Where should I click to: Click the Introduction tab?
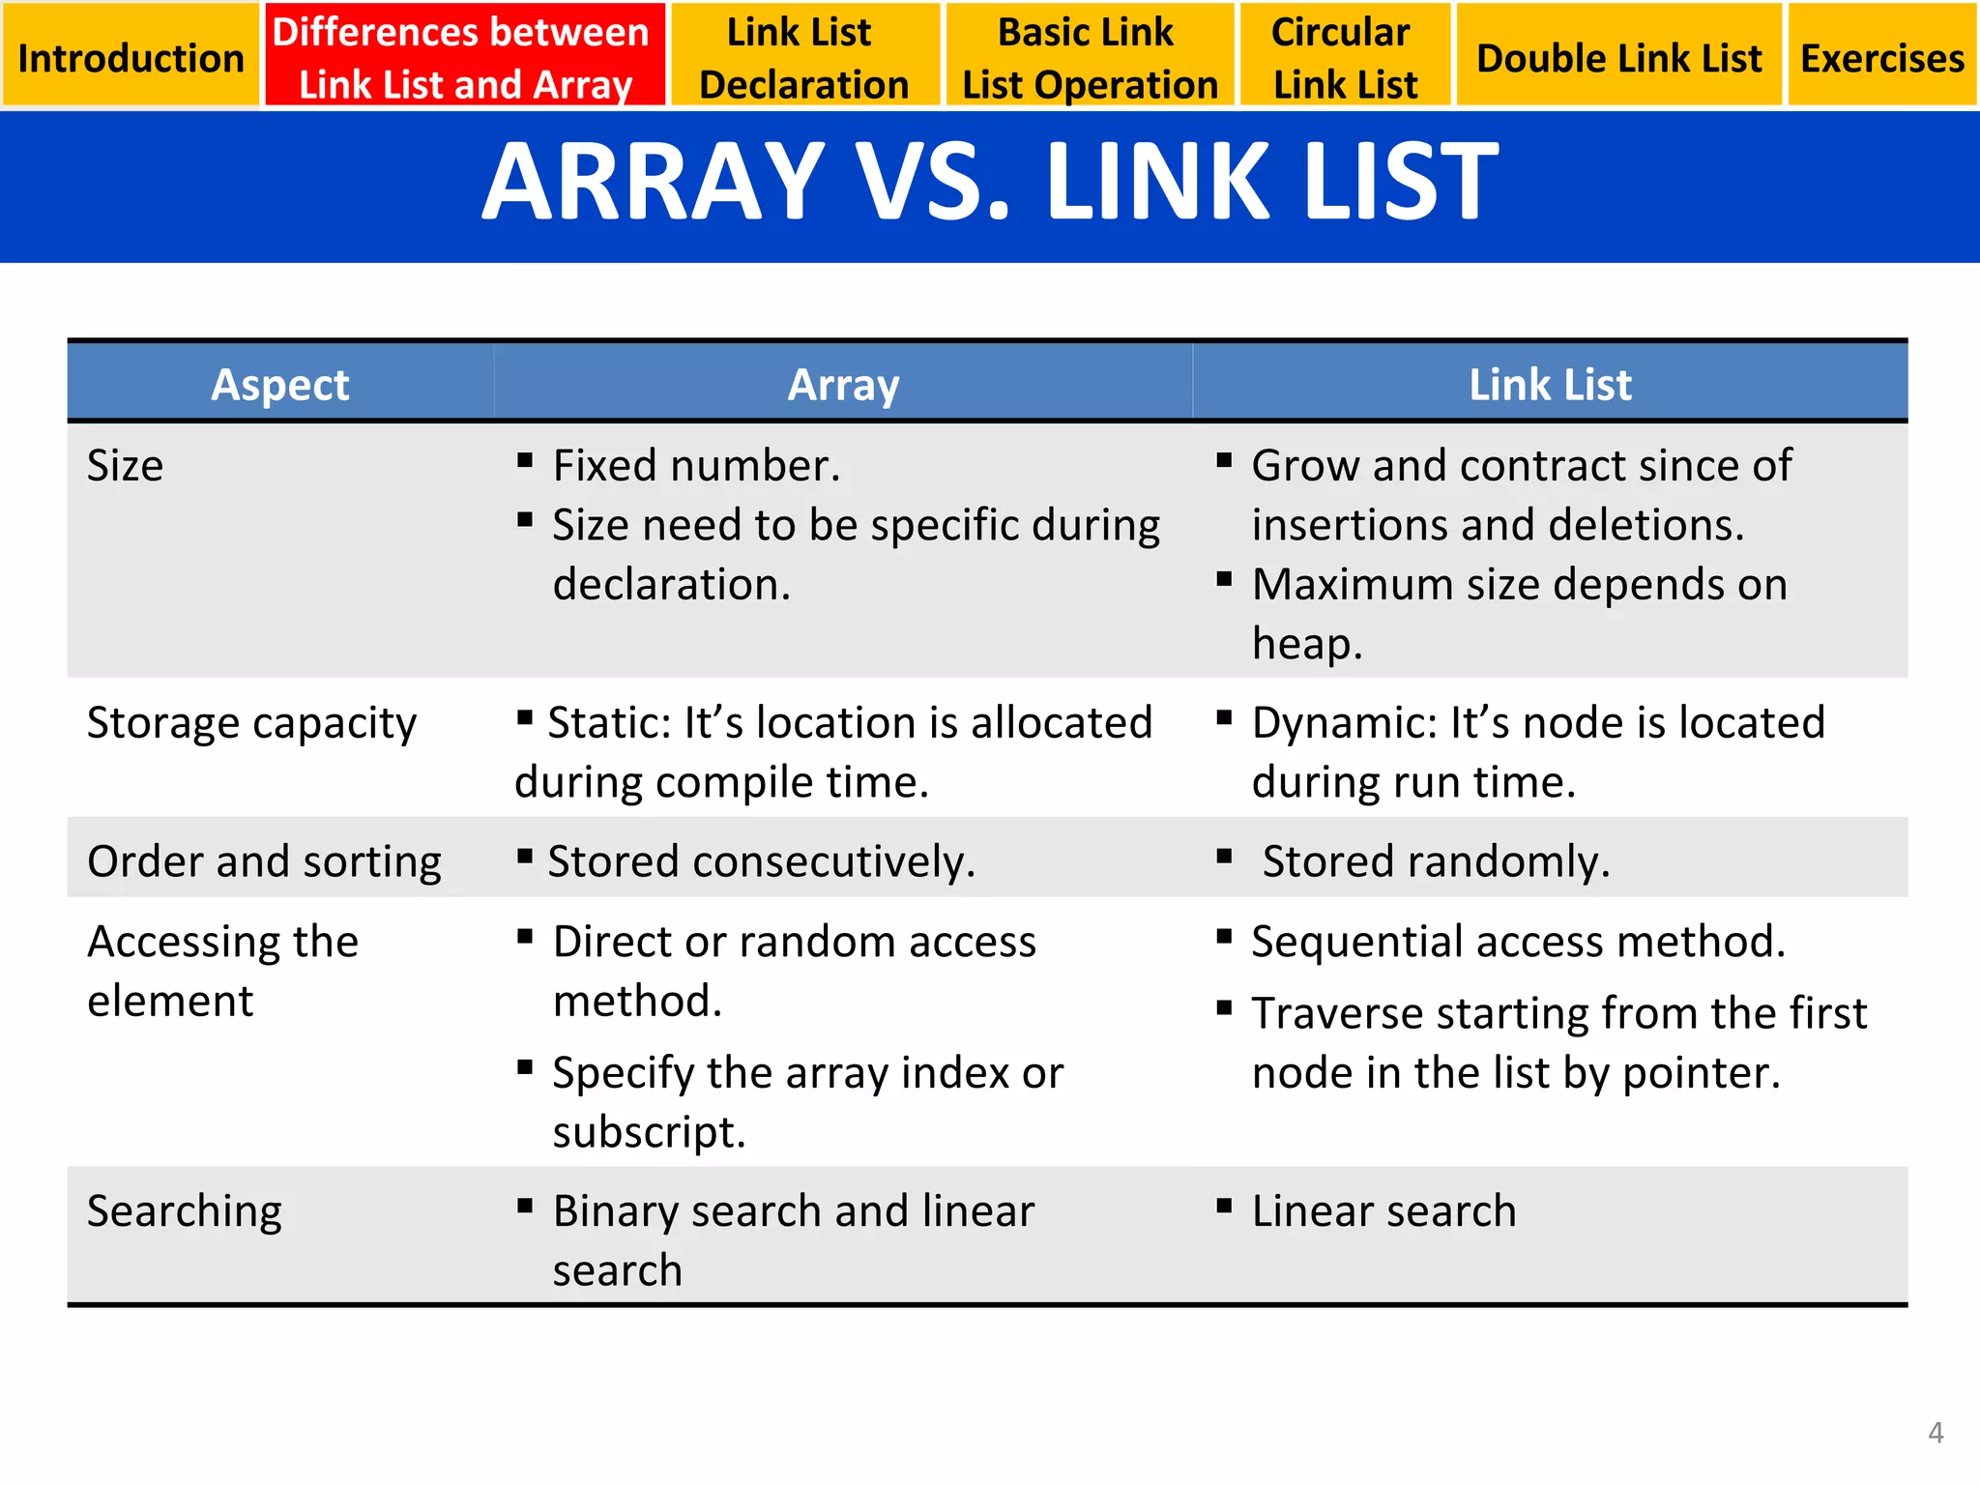click(x=131, y=56)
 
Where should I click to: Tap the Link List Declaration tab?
click(x=803, y=56)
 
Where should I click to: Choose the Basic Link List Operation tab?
click(x=1089, y=56)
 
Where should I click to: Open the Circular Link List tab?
click(x=1344, y=56)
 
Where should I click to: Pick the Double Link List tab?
click(x=1618, y=56)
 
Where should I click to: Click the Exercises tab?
click(x=1881, y=56)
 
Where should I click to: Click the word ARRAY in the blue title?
click(x=654, y=182)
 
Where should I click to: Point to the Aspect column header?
click(x=279, y=385)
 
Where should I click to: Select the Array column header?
click(x=843, y=385)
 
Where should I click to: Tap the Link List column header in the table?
click(x=1550, y=385)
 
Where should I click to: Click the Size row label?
click(x=126, y=466)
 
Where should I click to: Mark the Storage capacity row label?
click(x=251, y=723)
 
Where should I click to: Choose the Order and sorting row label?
click(x=264, y=861)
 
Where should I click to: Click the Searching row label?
click(x=185, y=1211)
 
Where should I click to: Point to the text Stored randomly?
click(x=1436, y=861)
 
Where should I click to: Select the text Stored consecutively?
click(x=761, y=861)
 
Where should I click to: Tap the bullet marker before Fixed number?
click(x=525, y=460)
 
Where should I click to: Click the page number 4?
click(x=1936, y=1432)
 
